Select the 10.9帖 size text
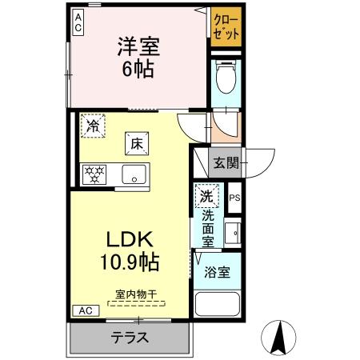[129, 260]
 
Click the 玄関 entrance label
[225, 164]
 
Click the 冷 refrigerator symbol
[93, 126]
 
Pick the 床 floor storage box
[137, 144]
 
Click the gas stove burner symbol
[94, 174]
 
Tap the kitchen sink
[132, 173]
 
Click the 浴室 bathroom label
[216, 271]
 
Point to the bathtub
[218, 305]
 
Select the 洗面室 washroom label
[207, 226]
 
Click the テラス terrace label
[129, 337]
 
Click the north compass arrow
[281, 338]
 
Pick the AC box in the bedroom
[78, 22]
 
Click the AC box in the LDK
[86, 310]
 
